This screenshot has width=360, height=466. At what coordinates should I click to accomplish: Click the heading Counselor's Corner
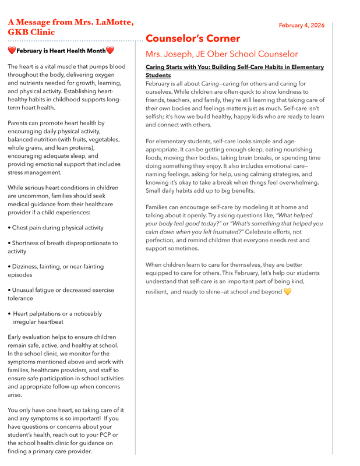pyautogui.click(x=193, y=38)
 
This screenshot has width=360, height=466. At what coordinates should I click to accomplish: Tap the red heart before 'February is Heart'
pyautogui.click(x=12, y=51)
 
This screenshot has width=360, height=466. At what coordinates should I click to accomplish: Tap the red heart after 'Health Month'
pyautogui.click(x=110, y=51)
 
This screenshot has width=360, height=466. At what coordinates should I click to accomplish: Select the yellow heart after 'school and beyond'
pyautogui.click(x=287, y=291)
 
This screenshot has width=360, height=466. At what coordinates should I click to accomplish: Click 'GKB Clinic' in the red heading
pyautogui.click(x=31, y=32)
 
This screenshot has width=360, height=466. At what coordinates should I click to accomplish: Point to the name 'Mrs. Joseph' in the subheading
pyautogui.click(x=169, y=54)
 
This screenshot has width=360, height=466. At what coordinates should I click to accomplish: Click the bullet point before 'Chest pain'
pyautogui.click(x=9, y=228)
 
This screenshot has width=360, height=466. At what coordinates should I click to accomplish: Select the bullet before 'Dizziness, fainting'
pyautogui.click(x=9, y=267)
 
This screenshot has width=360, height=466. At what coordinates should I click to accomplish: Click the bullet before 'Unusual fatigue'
pyautogui.click(x=9, y=290)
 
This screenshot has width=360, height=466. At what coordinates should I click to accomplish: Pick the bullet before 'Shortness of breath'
pyautogui.click(x=9, y=243)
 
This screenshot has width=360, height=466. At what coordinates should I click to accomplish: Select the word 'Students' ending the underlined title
pyautogui.click(x=158, y=76)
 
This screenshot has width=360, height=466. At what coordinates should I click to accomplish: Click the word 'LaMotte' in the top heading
pyautogui.click(x=113, y=22)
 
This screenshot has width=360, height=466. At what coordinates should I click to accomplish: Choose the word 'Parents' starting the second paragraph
pyautogui.click(x=20, y=123)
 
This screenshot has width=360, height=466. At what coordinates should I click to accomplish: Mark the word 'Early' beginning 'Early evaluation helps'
pyautogui.click(x=16, y=337)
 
